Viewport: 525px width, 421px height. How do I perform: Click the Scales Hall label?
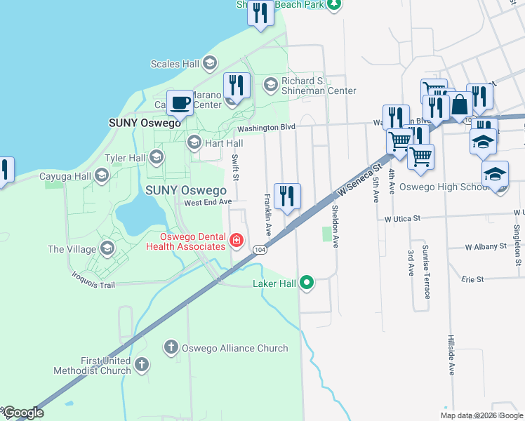click(x=175, y=64)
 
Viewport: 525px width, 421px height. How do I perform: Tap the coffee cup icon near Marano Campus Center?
click(x=180, y=102)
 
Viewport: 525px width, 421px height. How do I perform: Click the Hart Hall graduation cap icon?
click(x=194, y=142)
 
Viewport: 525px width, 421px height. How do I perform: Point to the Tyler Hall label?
click(x=124, y=158)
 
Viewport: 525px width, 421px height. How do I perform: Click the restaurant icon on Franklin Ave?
click(x=286, y=196)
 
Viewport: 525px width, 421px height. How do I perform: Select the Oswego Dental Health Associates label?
click(x=186, y=241)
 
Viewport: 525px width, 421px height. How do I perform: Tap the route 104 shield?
click(x=260, y=250)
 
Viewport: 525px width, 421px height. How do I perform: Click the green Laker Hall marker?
click(x=306, y=283)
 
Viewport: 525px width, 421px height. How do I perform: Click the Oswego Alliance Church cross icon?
click(x=171, y=347)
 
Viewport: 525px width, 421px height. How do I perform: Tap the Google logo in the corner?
click(x=22, y=413)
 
